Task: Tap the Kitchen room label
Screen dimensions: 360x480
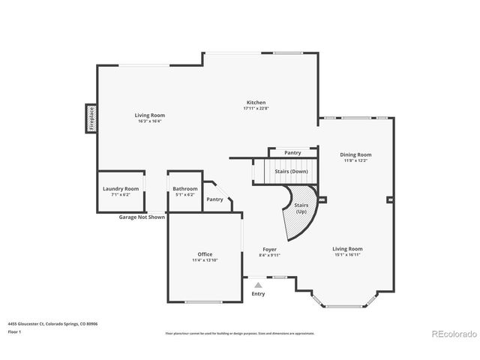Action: [x=256, y=103]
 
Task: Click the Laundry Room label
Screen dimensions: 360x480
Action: [x=121, y=189]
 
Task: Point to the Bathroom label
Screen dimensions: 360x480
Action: [x=184, y=189]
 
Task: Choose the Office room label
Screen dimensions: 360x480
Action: [x=205, y=254]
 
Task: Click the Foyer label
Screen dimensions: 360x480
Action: [x=270, y=249]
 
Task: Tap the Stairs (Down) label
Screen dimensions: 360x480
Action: [x=291, y=172]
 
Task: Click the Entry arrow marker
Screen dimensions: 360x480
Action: [x=258, y=286]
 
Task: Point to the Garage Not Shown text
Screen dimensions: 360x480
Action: [x=142, y=217]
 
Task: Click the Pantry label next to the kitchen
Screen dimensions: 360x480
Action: [x=292, y=152]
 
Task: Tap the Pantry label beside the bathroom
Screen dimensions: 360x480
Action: [x=214, y=199]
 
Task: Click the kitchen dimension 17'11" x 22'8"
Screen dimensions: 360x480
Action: [x=256, y=109]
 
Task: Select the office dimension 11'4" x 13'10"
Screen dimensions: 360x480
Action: [x=205, y=260]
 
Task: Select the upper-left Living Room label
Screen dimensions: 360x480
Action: [x=149, y=115]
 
